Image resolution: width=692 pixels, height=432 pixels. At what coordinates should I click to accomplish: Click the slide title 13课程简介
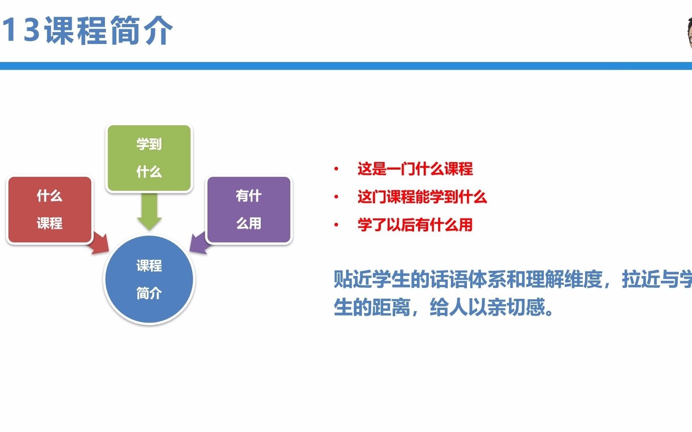[87, 30]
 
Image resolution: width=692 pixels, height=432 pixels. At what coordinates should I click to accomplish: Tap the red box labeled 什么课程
[50, 210]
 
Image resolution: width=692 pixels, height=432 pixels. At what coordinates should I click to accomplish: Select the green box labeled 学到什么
[149, 158]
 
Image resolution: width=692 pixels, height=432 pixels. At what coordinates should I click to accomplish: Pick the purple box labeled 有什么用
[249, 210]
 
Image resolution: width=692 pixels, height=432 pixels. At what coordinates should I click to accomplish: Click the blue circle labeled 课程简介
[149, 279]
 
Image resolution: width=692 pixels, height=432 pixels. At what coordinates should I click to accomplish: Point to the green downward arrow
[149, 212]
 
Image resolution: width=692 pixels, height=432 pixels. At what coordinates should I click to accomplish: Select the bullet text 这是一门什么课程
[415, 169]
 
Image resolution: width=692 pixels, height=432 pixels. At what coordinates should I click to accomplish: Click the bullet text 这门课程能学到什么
[422, 197]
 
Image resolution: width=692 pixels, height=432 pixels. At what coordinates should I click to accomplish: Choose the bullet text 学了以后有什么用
[415, 225]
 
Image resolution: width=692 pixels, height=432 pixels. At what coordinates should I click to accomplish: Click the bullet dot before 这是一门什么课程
[336, 169]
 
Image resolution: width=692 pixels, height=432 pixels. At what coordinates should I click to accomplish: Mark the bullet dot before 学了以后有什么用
[336, 225]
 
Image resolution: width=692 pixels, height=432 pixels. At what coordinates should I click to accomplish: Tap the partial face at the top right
[688, 34]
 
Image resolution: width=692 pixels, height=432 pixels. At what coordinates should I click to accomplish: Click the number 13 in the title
[21, 30]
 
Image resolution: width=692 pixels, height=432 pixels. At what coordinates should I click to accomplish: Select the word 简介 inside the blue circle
[149, 293]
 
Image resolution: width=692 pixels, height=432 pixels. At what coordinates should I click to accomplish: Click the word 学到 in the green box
[149, 144]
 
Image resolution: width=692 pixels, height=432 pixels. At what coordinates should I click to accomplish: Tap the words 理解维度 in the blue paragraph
[565, 279]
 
